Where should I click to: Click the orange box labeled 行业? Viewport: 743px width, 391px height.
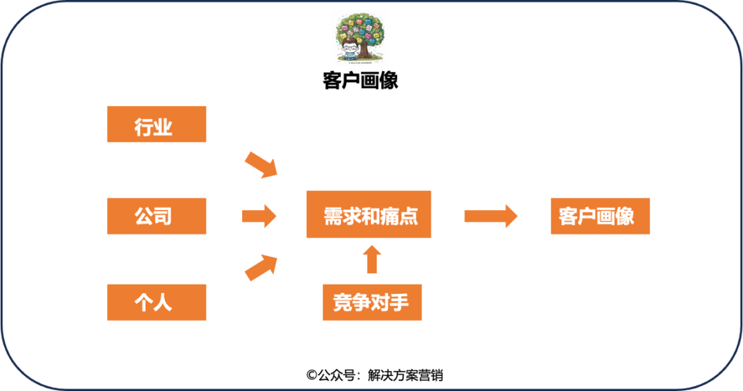click(156, 124)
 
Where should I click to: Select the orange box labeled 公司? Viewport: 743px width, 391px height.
click(156, 216)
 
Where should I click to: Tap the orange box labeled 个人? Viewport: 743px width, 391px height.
click(156, 302)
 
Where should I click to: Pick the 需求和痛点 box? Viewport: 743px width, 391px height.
click(369, 215)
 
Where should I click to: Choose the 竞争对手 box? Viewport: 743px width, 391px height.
click(371, 303)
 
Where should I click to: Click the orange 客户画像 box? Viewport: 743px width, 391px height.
click(600, 216)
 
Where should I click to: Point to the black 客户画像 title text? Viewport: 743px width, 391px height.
click(360, 81)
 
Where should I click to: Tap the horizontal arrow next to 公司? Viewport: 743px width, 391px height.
click(259, 216)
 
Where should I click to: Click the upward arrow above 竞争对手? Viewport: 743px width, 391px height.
click(371, 259)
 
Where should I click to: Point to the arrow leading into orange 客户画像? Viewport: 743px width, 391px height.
click(491, 215)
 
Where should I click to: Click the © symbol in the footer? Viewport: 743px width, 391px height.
click(312, 375)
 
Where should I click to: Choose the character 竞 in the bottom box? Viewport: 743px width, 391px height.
click(343, 303)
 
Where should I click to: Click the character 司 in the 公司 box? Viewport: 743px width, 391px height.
click(163, 216)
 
